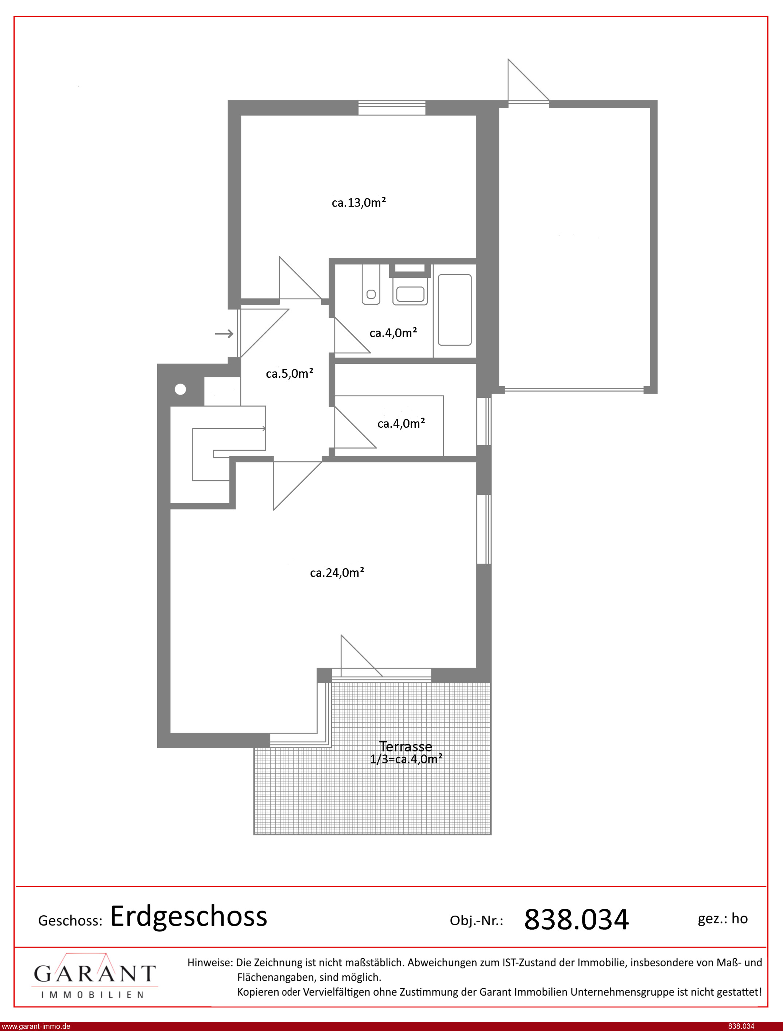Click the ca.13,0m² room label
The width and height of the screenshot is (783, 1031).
pos(359,203)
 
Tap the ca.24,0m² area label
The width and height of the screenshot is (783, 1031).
pos(337,572)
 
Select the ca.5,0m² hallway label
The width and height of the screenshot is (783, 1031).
pos(290,373)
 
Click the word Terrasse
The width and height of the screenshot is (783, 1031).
pos(406,746)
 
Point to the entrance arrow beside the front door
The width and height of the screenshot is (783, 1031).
pos(224,334)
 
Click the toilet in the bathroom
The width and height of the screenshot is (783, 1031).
pos(371,284)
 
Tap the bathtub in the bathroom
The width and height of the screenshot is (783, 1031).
pos(454,309)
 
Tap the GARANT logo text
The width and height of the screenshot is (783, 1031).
pos(94,974)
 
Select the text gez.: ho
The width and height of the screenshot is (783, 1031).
pos(722,919)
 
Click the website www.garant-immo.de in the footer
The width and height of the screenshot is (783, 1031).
pos(36,1026)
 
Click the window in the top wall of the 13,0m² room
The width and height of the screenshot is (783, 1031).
pos(392,108)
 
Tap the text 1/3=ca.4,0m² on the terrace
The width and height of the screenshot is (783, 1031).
pos(406,759)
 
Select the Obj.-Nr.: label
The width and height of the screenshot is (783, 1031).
pos(476,920)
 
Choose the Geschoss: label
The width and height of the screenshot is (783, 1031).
pos(70,920)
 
